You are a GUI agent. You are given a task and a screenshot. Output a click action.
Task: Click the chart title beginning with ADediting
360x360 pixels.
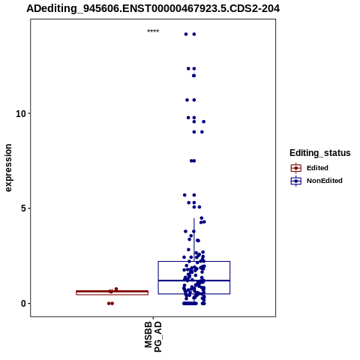click(153, 9)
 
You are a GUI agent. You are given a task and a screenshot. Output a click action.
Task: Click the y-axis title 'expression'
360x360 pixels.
click(8, 168)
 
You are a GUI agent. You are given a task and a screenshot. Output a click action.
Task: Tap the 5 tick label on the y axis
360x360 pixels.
click(24, 208)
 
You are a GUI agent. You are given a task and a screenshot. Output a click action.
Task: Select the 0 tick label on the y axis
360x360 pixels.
click(24, 304)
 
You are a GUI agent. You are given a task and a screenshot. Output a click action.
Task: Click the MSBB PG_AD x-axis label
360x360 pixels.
click(153, 337)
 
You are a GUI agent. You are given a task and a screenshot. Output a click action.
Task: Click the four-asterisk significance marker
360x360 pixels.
click(153, 31)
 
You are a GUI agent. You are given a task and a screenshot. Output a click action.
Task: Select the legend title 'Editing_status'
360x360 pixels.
click(320, 153)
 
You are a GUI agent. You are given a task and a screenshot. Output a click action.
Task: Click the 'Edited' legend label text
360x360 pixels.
click(317, 168)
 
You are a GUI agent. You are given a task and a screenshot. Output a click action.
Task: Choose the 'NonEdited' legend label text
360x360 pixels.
click(325, 181)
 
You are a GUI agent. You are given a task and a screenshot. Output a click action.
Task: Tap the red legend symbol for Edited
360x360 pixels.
click(296, 168)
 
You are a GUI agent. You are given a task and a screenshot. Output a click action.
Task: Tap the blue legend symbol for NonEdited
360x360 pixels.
click(296, 181)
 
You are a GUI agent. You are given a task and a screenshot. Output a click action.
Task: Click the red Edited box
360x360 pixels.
click(112, 292)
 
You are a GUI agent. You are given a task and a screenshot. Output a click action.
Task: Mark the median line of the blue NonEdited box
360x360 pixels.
click(194, 280)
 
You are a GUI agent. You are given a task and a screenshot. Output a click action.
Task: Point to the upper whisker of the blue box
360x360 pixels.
click(194, 240)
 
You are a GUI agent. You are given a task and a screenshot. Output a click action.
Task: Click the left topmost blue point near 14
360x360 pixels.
click(186, 34)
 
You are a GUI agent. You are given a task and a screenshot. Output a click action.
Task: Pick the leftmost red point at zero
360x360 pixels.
click(109, 304)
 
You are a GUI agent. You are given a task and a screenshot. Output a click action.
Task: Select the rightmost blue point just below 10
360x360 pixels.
click(204, 121)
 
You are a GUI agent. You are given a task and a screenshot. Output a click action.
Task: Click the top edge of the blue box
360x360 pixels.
click(194, 262)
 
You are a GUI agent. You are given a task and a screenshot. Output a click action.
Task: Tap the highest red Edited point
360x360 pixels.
click(116, 289)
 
